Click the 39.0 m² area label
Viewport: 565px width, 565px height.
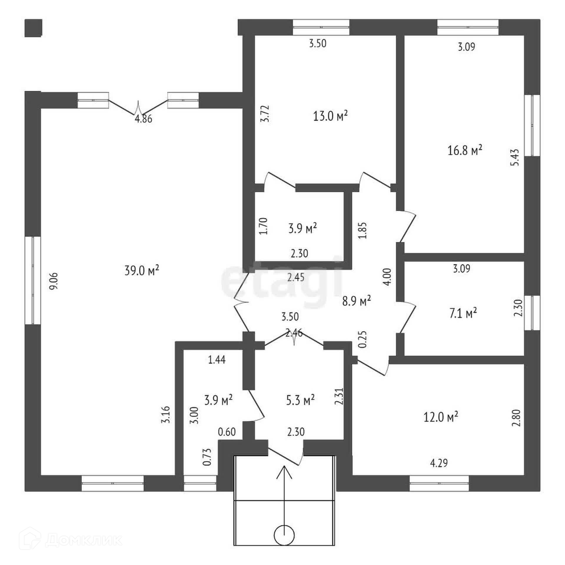pyautogui.click(x=142, y=270)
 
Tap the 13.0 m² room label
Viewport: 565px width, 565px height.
pyautogui.click(x=330, y=116)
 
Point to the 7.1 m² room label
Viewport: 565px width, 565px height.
pyautogui.click(x=463, y=313)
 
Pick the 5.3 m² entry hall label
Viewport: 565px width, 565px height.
pyautogui.click(x=300, y=400)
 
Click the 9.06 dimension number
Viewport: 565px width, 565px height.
pyautogui.click(x=54, y=281)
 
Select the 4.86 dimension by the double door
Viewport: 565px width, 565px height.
pyautogui.click(x=143, y=119)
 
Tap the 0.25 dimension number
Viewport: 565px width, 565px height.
pyautogui.click(x=363, y=339)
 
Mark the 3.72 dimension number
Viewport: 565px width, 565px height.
pyautogui.click(x=266, y=114)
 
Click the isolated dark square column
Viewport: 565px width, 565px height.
pyautogui.click(x=33, y=28)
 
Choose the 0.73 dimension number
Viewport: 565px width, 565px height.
pyautogui.click(x=207, y=456)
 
